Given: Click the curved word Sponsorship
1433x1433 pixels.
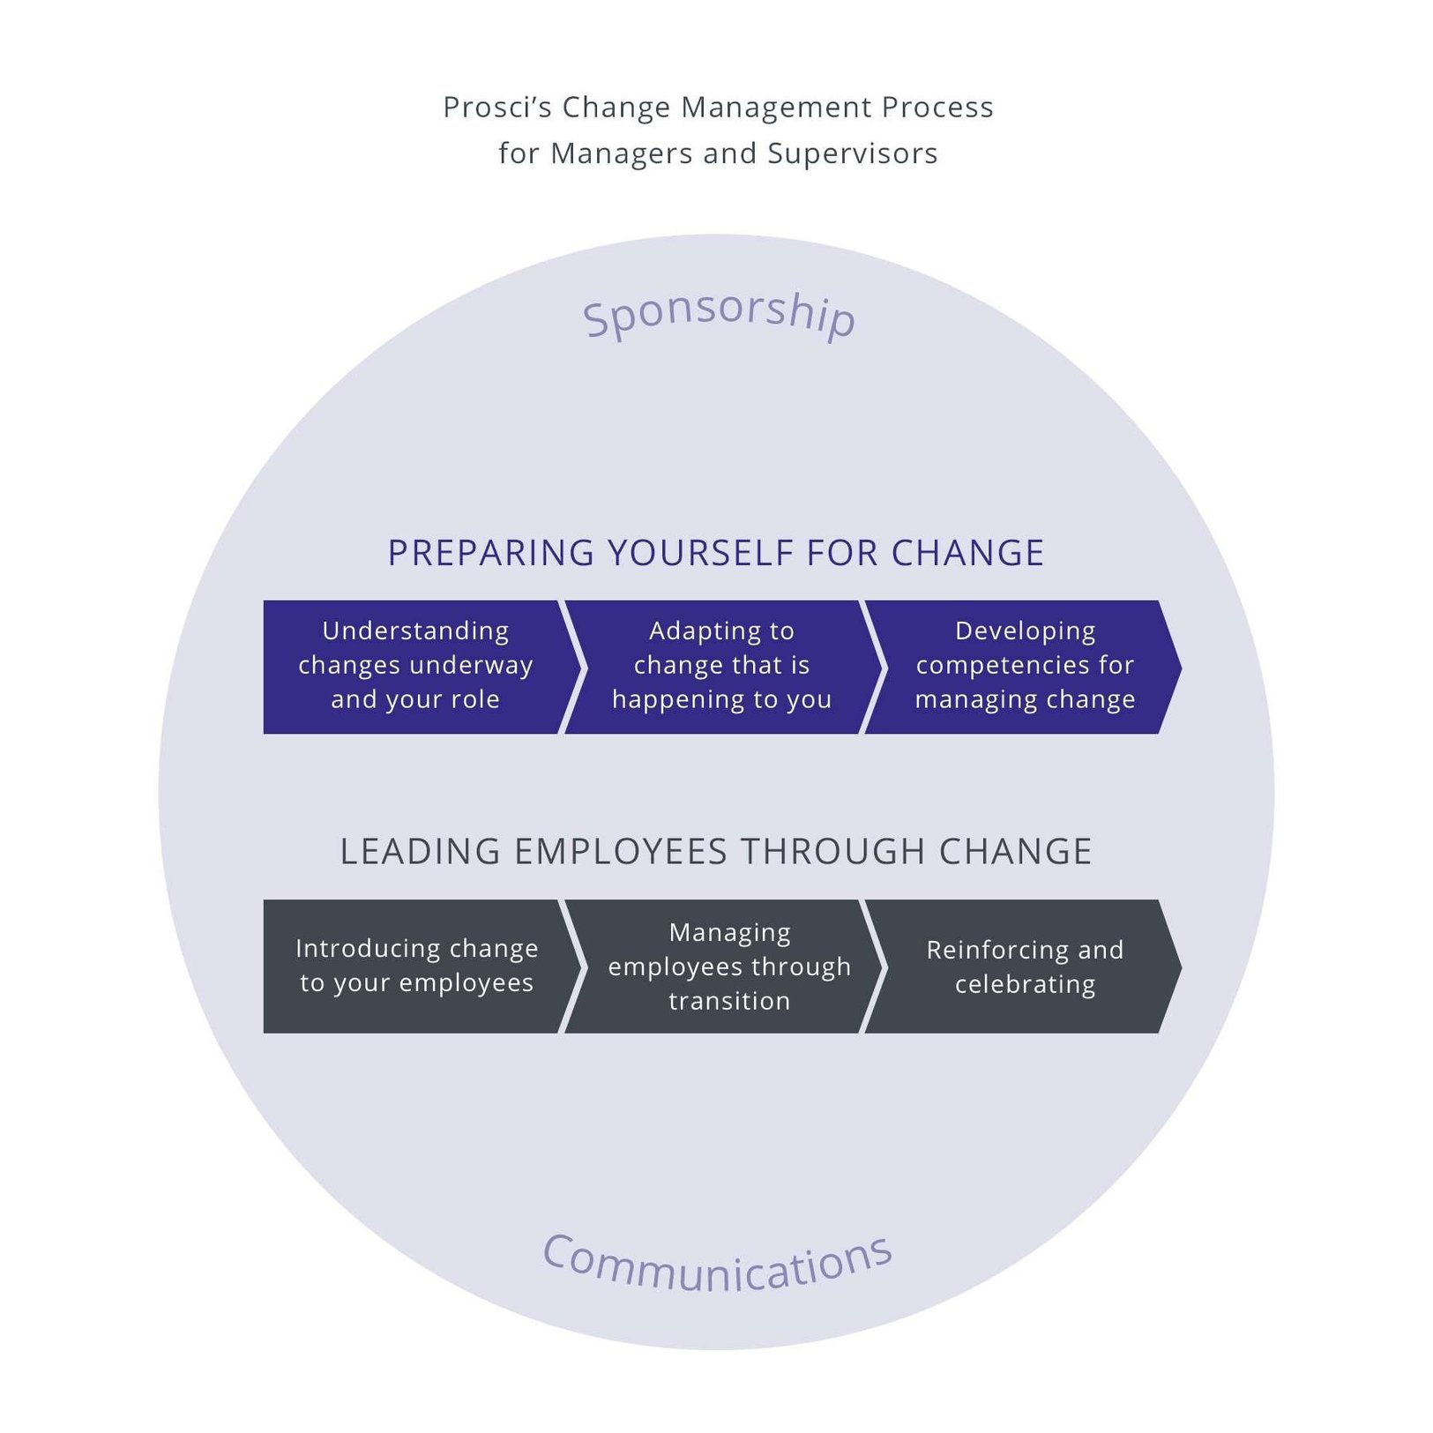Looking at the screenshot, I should (x=718, y=313).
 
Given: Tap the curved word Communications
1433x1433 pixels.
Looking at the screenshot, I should (x=716, y=1263).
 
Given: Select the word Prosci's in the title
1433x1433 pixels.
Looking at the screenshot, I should (x=496, y=108).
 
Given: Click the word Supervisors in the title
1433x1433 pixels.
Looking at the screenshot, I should (x=852, y=153).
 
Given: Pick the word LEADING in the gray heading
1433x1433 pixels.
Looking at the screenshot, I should (x=420, y=852).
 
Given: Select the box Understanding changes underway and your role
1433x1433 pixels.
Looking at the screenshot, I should (x=415, y=666).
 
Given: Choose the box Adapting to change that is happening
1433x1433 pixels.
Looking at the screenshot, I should (x=720, y=666).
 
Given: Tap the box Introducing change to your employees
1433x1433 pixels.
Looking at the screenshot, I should (x=415, y=966).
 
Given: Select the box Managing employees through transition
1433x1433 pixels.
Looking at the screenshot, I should (x=728, y=966).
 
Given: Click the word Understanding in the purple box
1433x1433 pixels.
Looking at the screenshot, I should (x=415, y=631).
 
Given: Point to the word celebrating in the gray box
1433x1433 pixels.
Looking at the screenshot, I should (x=1025, y=984).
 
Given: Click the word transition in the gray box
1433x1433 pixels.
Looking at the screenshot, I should (x=728, y=1001).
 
